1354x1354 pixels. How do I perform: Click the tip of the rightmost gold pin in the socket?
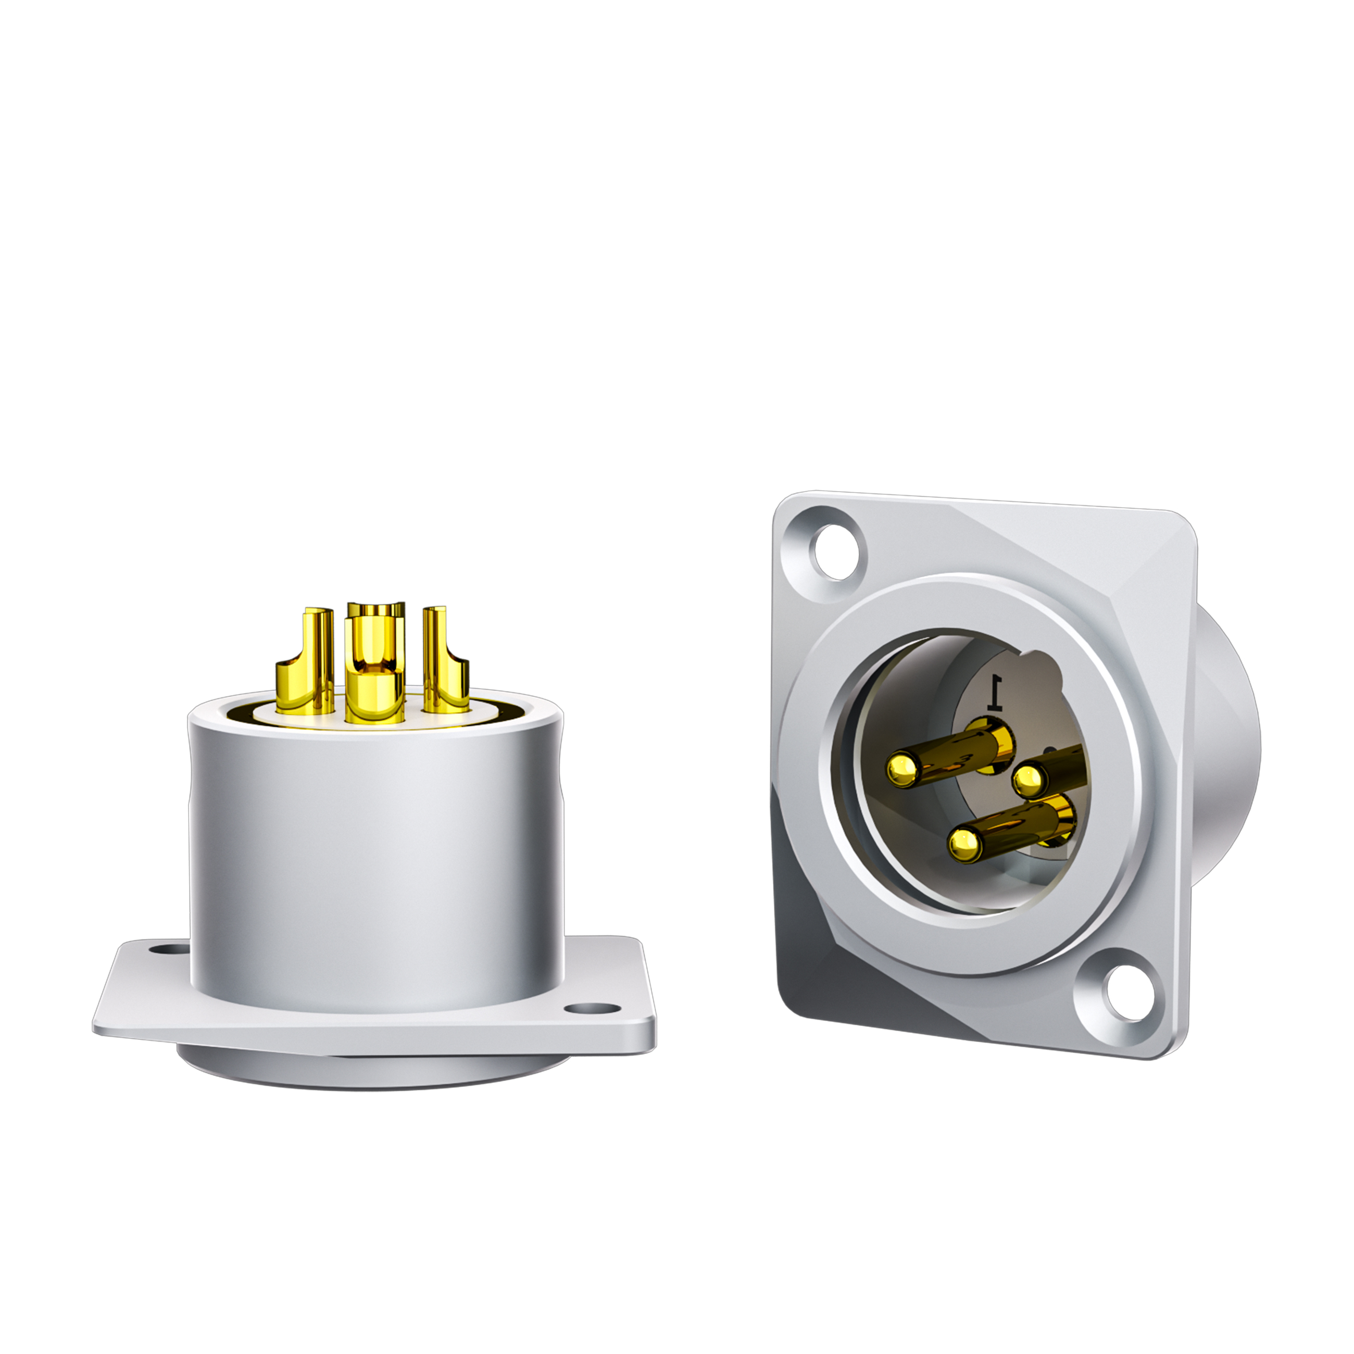pos(1027,777)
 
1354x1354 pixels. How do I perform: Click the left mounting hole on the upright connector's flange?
pos(169,951)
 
